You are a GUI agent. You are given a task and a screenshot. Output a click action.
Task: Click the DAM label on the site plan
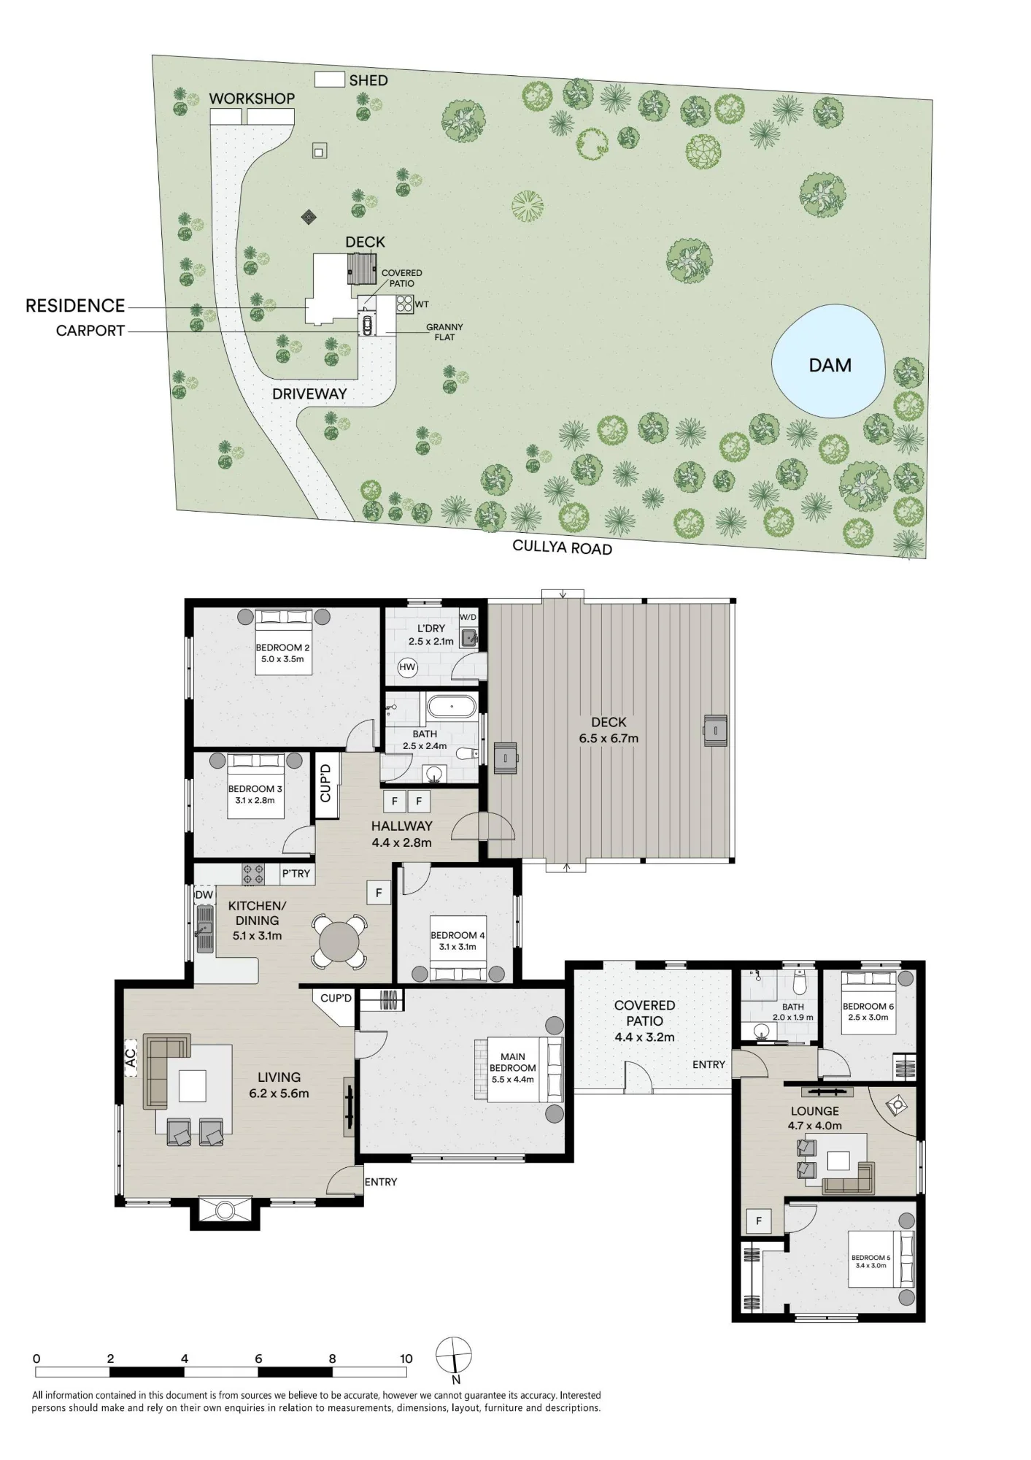830,365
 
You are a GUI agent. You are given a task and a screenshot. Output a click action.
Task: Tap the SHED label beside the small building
368,80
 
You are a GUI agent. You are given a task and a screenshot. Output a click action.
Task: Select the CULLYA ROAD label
562,547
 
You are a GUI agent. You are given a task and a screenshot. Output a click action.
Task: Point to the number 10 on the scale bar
406,1359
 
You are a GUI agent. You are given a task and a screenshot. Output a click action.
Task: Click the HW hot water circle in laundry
407,667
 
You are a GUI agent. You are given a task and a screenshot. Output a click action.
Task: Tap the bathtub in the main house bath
452,707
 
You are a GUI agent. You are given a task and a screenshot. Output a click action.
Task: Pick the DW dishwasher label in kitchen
204,895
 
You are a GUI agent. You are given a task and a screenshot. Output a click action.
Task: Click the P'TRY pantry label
296,873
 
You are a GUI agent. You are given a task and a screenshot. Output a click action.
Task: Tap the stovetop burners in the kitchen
254,874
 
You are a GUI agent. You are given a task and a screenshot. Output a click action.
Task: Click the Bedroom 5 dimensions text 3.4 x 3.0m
871,1265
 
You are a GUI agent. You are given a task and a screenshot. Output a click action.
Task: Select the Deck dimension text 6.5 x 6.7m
609,738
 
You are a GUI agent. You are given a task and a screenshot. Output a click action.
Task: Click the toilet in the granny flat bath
800,985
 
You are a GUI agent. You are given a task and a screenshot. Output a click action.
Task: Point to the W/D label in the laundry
468,617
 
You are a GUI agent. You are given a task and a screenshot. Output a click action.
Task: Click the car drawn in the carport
367,326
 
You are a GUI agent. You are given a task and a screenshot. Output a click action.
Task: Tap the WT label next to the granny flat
422,304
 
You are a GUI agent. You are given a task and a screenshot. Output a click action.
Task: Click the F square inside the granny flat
759,1221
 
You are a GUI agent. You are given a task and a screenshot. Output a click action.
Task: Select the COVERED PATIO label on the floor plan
644,1013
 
